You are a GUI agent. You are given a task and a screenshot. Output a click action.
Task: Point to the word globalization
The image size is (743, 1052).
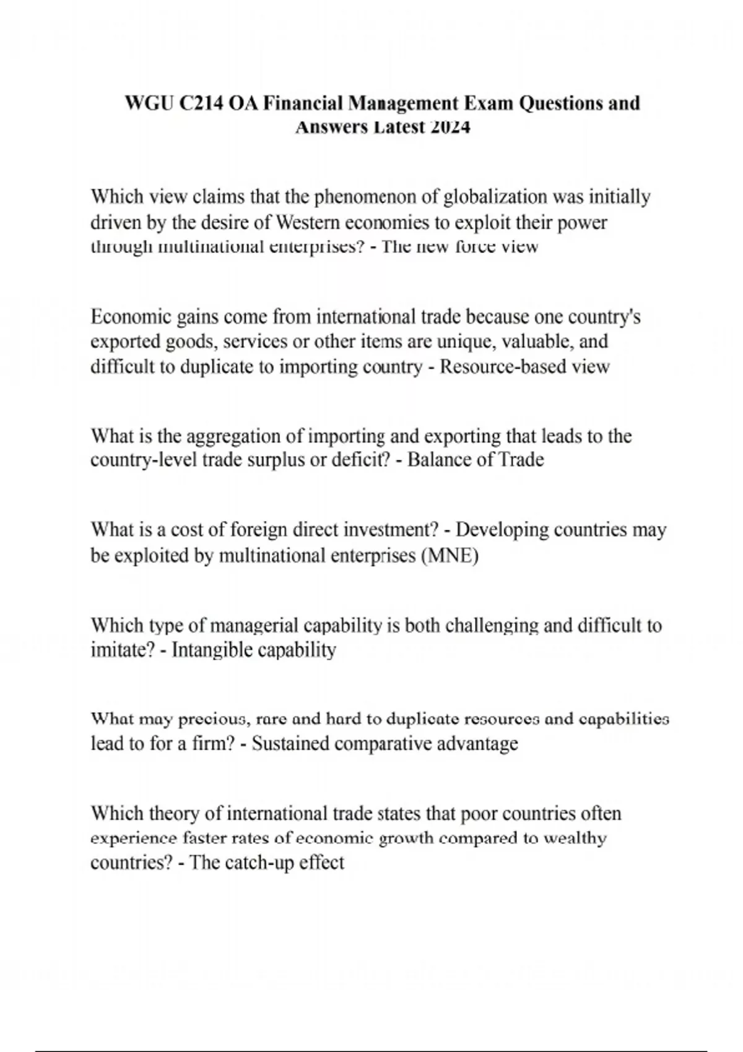[x=497, y=197]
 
